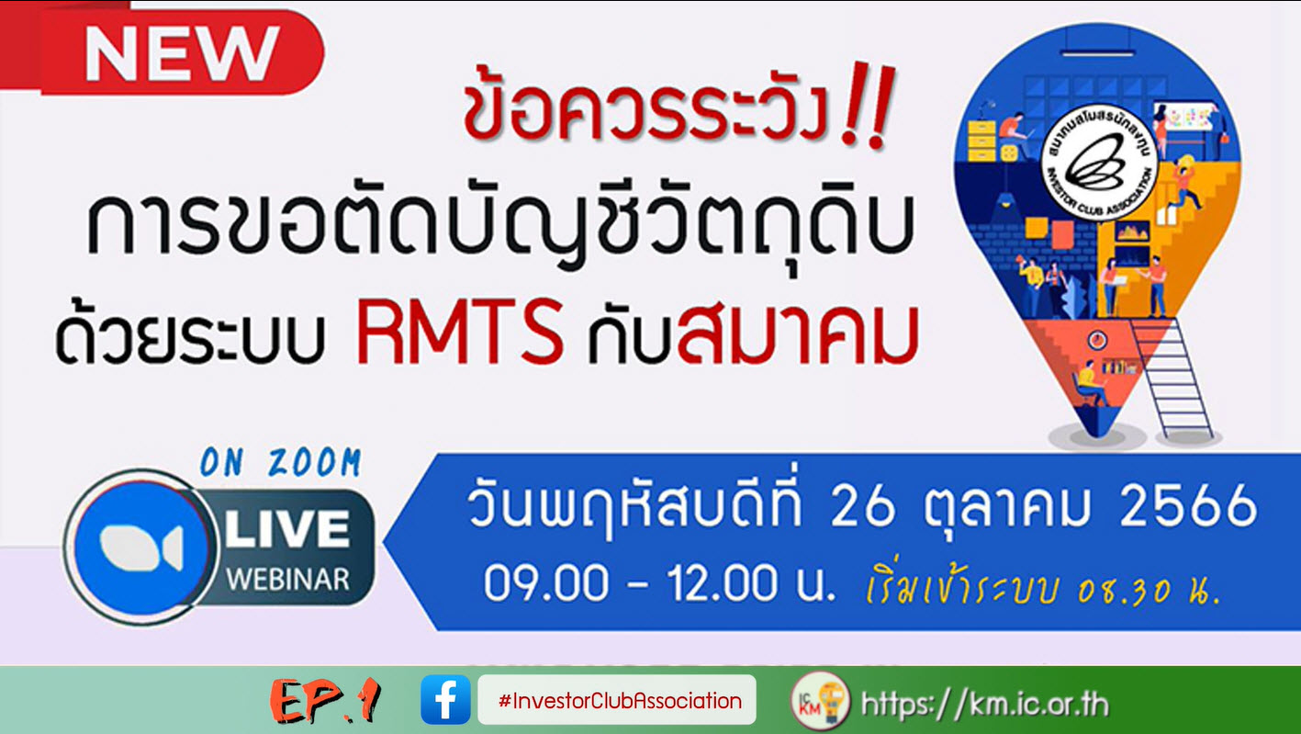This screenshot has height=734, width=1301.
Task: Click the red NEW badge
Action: pos(181,52)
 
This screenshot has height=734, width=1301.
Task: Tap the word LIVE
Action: pos(286,531)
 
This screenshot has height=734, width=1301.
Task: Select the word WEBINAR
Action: pos(287,580)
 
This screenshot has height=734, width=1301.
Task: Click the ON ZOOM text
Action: pos(280,463)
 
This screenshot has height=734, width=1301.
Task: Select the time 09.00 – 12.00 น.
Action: pos(659,585)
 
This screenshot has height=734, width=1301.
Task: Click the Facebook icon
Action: pos(445,701)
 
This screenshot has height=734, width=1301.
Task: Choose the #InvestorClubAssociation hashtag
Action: pos(619,701)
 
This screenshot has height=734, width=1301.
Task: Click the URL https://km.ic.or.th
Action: pos(983,705)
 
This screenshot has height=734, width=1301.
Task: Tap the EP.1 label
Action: pos(326,702)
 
